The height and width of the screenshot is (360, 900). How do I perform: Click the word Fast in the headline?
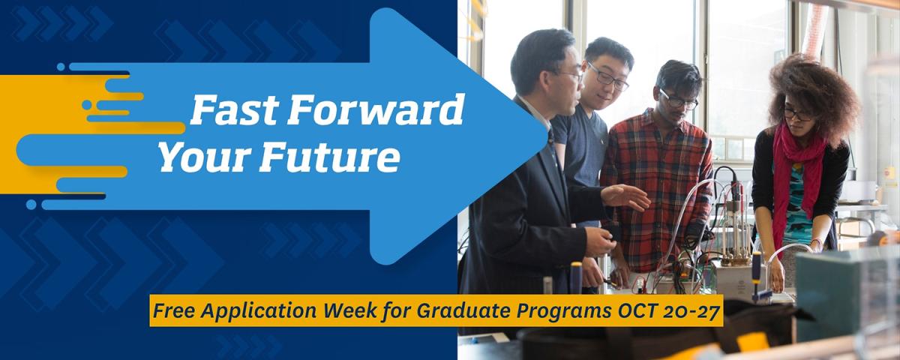[x=235, y=109]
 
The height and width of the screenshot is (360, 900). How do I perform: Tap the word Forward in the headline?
[x=376, y=109]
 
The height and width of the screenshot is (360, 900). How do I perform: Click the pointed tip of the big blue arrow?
[x=547, y=136]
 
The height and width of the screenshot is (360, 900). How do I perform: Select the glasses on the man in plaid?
[x=678, y=100]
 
